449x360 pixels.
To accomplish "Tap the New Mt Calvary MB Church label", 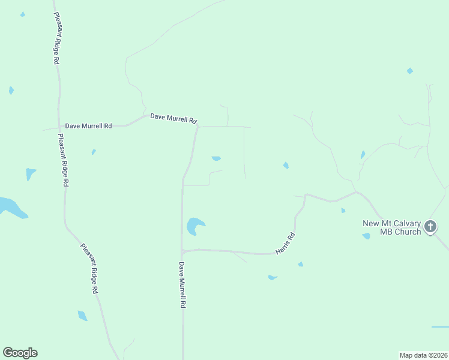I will tap(391, 227).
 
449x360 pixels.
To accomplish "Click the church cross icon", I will tap(430, 226).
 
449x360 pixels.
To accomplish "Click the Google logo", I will tap(20, 353).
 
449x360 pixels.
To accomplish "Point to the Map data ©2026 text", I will tap(423, 355).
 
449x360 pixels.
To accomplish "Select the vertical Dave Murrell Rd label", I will tap(181, 284).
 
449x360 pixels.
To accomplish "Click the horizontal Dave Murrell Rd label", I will tap(173, 118).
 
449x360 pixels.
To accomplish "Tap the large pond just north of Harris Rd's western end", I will tap(194, 226).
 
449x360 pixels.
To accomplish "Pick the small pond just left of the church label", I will tap(366, 236).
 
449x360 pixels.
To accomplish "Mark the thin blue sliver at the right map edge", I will tap(440, 327).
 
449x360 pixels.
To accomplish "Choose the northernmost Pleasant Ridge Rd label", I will tap(56, 38).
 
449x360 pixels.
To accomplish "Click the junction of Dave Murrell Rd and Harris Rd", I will tap(182, 251).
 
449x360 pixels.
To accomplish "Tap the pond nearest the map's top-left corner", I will tap(23, 14).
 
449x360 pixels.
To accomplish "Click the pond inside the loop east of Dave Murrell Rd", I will tap(216, 158).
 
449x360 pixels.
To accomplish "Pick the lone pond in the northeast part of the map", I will tap(410, 71).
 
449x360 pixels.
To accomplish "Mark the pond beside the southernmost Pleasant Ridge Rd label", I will tap(82, 316).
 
